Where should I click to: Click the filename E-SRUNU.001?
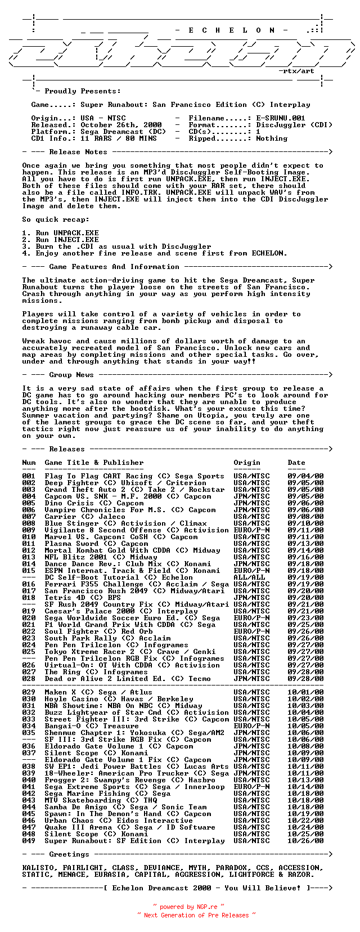(x=281, y=118)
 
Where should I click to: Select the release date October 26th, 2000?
(x=121, y=125)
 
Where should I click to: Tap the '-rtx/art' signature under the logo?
(x=296, y=71)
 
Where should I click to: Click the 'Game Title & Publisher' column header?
(x=94, y=463)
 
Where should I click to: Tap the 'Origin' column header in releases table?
(x=247, y=463)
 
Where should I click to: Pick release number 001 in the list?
(x=29, y=476)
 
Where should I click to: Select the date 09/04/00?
(x=305, y=476)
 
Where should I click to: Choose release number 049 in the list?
(x=29, y=841)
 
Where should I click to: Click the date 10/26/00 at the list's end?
(x=305, y=841)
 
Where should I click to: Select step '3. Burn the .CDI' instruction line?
(x=116, y=247)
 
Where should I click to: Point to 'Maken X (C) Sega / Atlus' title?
(x=98, y=692)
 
